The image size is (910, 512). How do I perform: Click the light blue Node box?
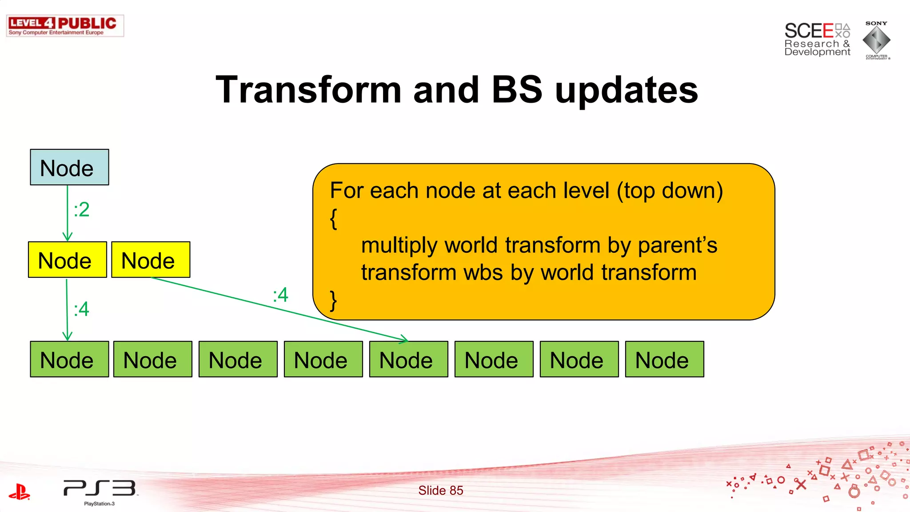click(69, 168)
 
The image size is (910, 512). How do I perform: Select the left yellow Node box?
click(67, 260)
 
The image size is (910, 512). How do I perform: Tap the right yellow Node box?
click(151, 260)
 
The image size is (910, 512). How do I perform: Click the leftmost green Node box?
click(69, 360)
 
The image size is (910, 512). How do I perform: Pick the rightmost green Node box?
click(664, 360)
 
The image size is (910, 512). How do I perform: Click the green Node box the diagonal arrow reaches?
click(408, 360)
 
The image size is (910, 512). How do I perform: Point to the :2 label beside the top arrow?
click(82, 210)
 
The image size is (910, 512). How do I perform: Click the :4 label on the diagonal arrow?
click(280, 295)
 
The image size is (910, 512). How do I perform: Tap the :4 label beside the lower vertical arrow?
click(82, 309)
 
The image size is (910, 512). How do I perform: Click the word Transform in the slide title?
click(308, 90)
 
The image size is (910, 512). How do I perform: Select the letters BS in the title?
click(517, 90)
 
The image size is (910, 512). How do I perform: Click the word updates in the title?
click(627, 90)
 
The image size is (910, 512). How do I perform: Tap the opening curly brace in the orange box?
click(334, 219)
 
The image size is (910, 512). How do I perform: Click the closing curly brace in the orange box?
click(334, 300)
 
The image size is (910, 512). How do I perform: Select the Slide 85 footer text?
click(440, 490)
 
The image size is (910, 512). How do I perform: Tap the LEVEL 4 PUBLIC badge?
click(65, 26)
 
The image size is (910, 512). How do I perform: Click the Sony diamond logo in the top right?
click(876, 40)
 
